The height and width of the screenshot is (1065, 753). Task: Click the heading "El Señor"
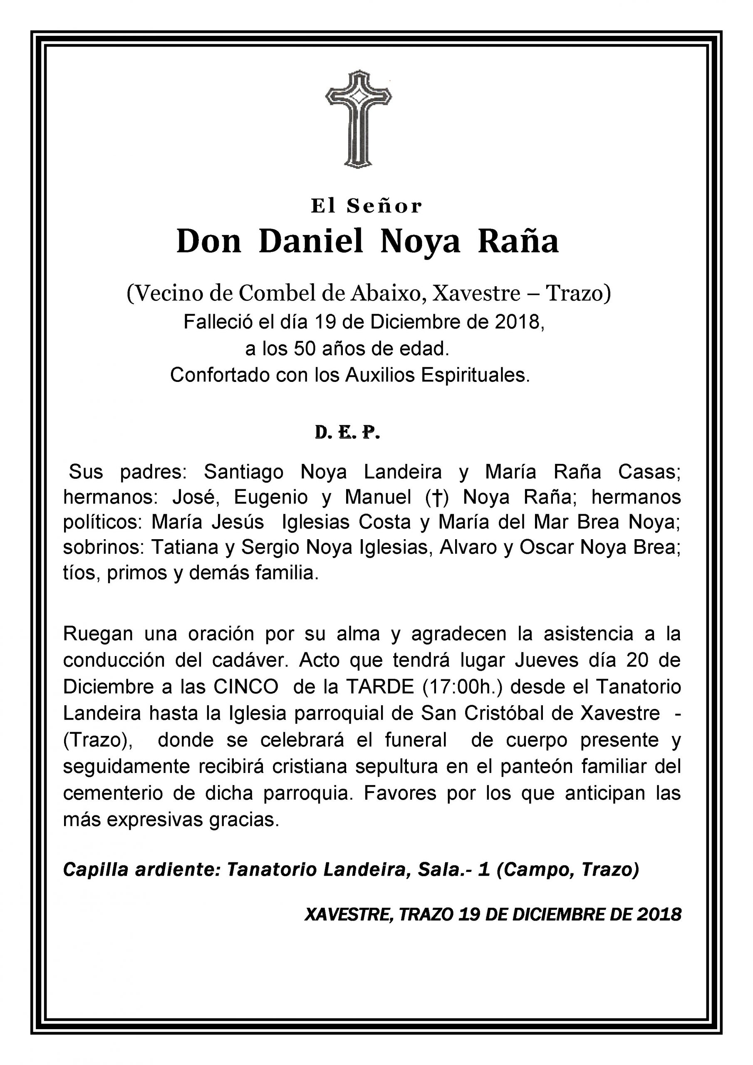366,206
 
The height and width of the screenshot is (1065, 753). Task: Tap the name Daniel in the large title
311,242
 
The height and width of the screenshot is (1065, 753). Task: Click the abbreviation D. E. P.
347,432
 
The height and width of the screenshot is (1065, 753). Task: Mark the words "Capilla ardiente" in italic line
141,870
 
